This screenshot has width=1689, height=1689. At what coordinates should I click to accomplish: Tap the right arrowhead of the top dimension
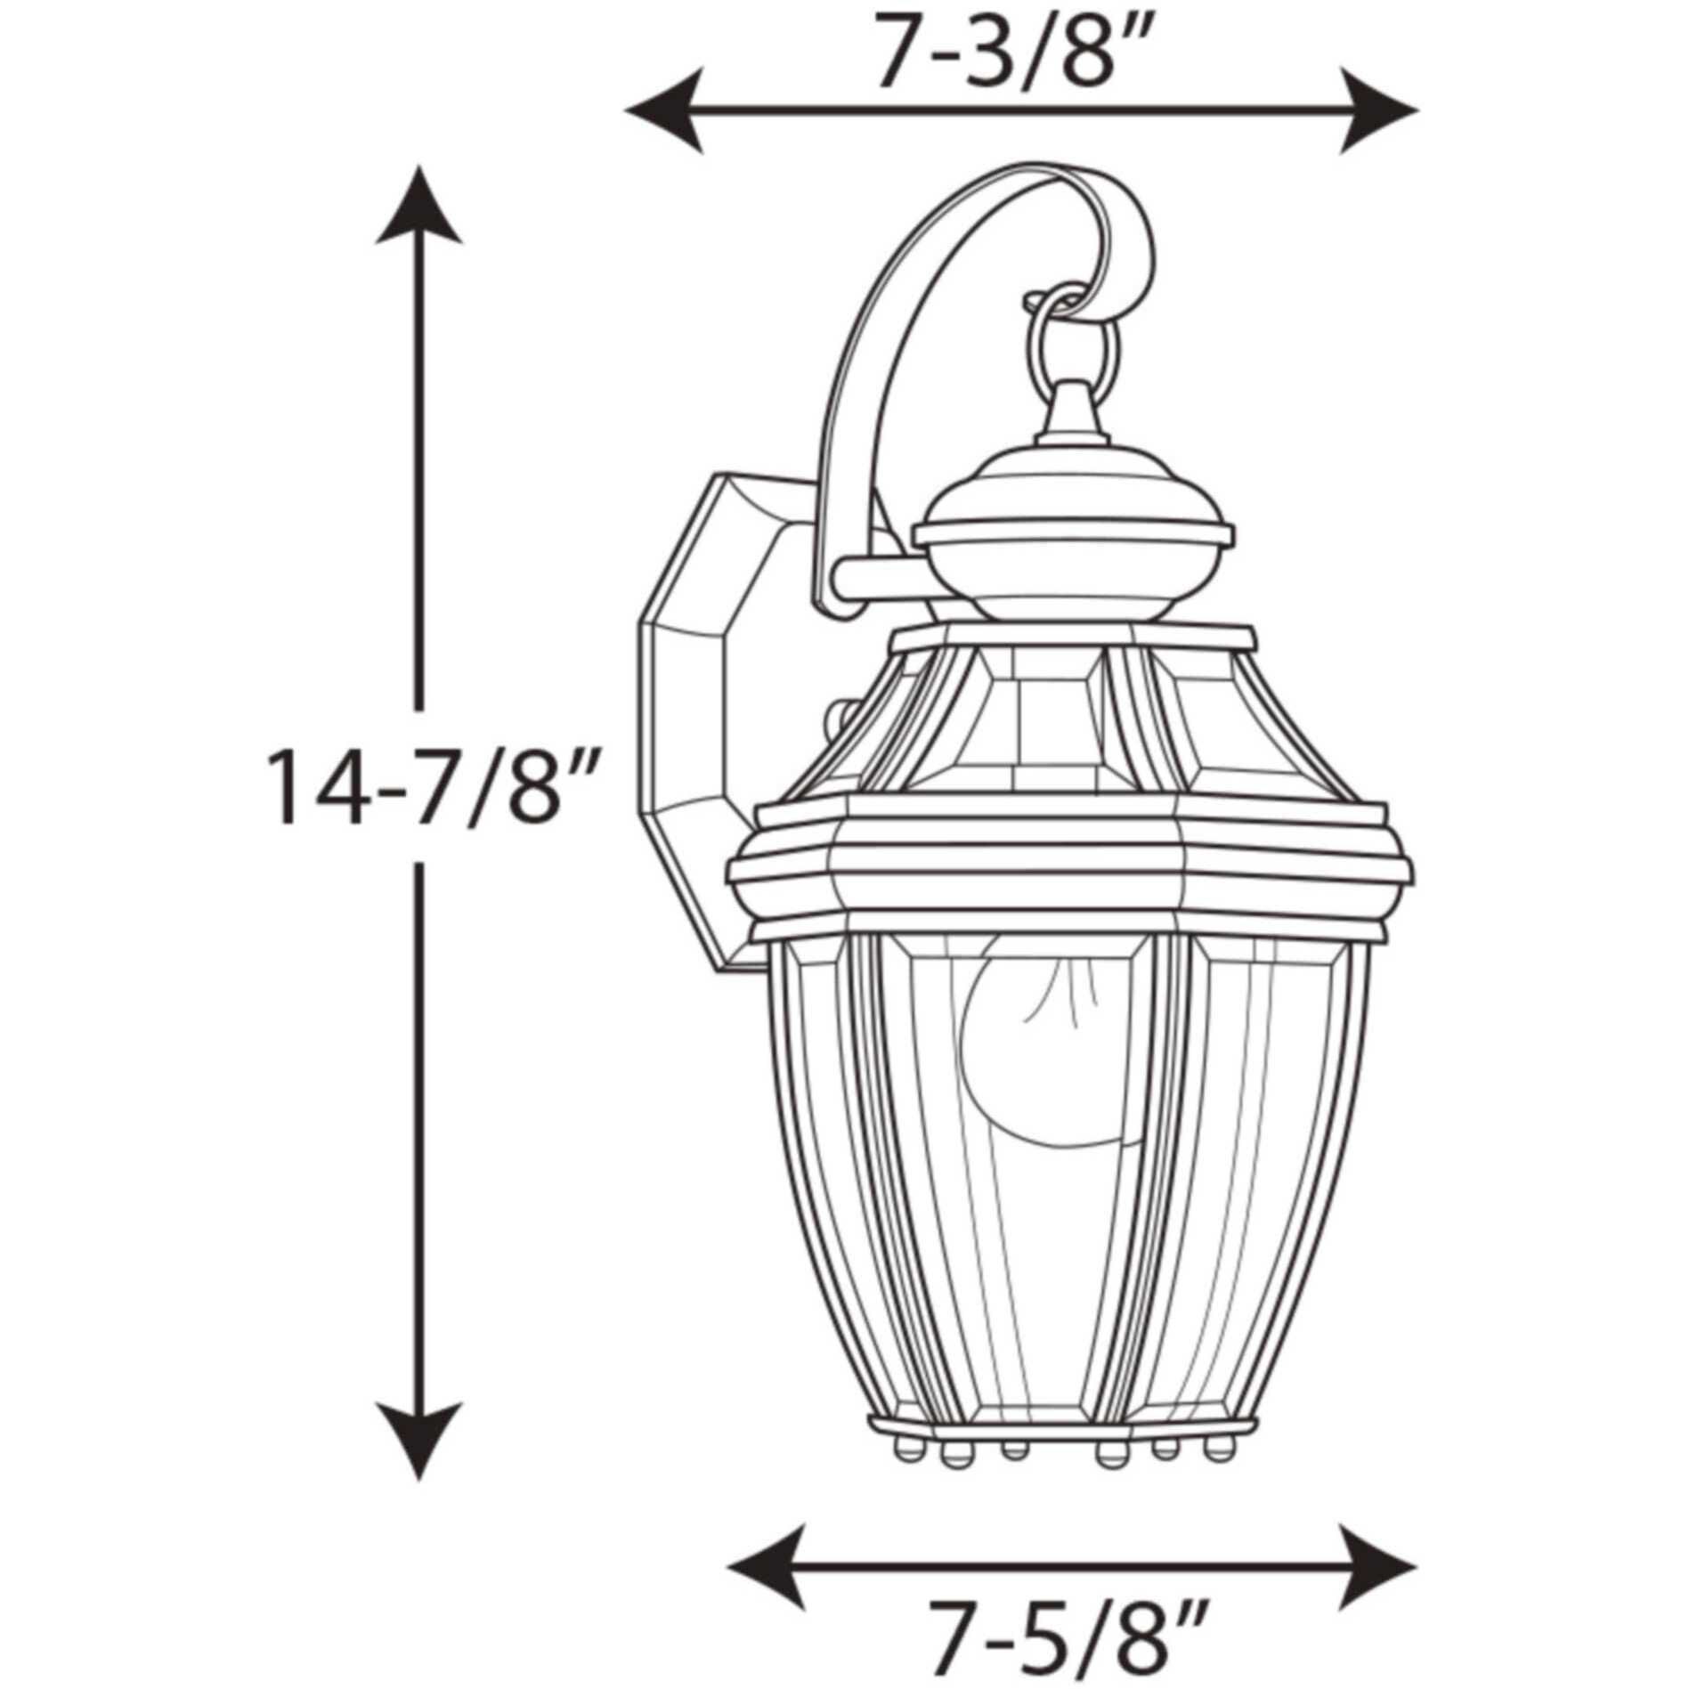tap(1378, 112)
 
